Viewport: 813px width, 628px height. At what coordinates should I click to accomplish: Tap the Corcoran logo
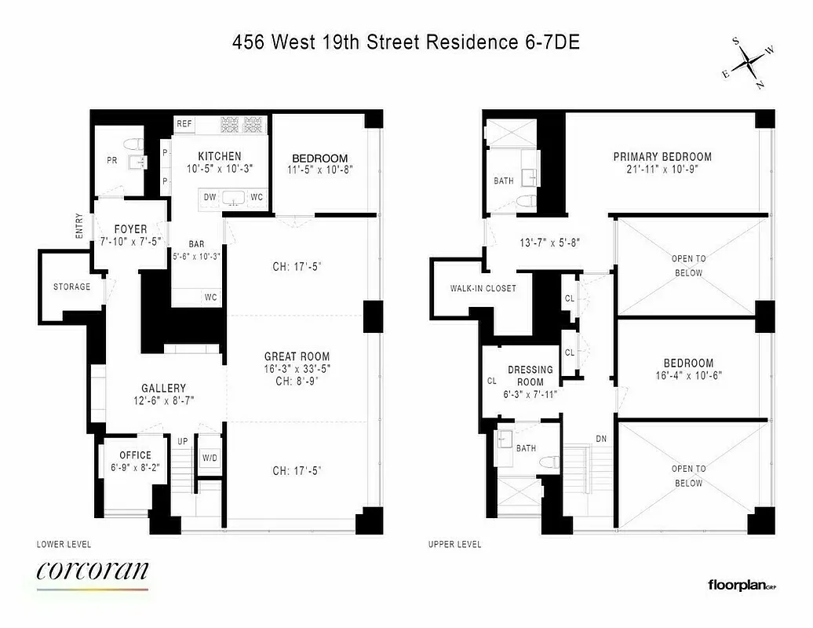click(x=93, y=571)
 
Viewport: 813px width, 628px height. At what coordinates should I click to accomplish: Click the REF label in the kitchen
click(x=184, y=124)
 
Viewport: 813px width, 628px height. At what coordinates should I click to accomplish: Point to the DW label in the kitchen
click(x=210, y=197)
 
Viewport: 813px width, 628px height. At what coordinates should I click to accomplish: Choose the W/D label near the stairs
click(x=210, y=457)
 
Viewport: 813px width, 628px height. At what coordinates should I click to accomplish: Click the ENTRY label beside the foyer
click(x=79, y=227)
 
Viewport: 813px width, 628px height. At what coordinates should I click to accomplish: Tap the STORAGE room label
click(x=71, y=287)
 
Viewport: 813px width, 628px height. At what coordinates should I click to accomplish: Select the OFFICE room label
click(x=135, y=455)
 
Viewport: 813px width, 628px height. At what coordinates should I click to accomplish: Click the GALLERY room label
click(x=163, y=388)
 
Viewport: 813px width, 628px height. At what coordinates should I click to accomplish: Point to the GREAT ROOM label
click(x=297, y=356)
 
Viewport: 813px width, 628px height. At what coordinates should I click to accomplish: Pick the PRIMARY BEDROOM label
click(x=662, y=157)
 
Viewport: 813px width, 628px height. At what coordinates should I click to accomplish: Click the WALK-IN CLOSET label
click(x=483, y=288)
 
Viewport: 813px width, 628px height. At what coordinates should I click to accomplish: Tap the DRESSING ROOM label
click(x=530, y=375)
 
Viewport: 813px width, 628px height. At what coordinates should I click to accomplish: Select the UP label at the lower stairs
click(x=183, y=441)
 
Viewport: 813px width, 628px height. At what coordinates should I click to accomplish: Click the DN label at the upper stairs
click(x=601, y=439)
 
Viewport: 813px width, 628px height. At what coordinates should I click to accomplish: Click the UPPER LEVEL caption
click(x=455, y=544)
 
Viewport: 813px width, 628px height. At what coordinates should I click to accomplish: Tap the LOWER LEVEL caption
click(x=64, y=544)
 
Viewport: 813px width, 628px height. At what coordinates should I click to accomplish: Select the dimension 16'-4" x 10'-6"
click(x=688, y=375)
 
